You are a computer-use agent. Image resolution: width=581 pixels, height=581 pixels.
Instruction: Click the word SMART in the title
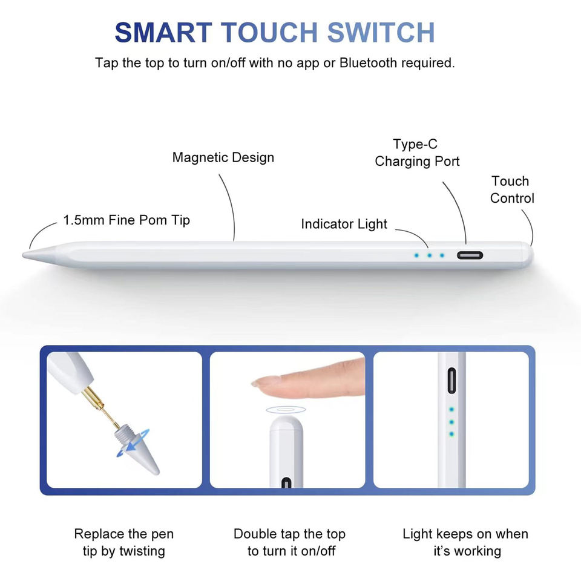point(163,33)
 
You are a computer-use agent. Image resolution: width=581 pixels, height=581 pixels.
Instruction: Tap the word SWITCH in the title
point(381,33)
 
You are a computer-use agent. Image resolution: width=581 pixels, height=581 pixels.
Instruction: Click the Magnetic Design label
point(223,157)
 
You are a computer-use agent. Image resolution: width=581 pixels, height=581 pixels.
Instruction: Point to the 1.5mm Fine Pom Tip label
point(126,220)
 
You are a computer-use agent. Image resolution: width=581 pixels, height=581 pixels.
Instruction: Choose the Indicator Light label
point(344,224)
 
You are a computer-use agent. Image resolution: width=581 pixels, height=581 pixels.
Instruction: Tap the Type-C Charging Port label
point(417,153)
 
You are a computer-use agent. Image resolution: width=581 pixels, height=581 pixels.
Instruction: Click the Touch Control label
point(512,189)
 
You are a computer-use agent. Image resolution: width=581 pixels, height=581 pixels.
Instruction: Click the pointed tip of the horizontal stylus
point(24,254)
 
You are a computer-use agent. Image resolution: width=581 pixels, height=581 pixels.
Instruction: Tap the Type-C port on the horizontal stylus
point(470,255)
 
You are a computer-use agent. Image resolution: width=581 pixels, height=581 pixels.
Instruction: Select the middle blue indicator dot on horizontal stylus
point(430,255)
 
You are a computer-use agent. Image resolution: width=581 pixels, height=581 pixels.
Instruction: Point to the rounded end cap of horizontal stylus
point(528,255)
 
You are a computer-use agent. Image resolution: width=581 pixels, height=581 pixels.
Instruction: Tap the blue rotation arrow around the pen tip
point(133,443)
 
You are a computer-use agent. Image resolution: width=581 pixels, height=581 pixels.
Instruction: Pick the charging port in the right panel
point(451,381)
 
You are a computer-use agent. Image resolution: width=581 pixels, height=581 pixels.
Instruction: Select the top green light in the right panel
point(451,410)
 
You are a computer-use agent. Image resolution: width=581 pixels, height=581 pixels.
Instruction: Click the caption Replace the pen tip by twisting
point(123,542)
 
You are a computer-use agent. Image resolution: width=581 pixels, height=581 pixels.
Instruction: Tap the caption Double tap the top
point(289,534)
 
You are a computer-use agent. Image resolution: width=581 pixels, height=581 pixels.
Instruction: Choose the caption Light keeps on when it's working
point(465,542)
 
